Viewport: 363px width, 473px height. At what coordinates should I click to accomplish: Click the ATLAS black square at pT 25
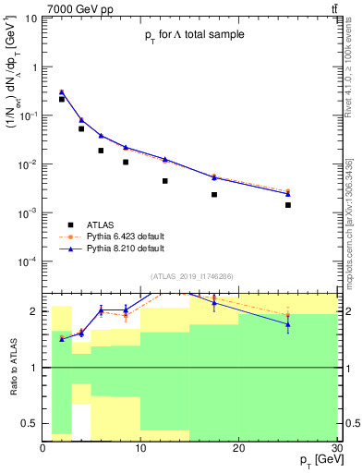(288, 205)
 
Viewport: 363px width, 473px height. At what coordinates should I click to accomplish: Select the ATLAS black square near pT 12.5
(165, 181)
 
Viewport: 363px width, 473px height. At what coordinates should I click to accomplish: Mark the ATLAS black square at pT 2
(62, 99)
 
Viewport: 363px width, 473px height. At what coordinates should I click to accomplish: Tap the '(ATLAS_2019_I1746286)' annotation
(192, 276)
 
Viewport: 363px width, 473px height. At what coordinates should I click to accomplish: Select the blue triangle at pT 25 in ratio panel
(288, 324)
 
